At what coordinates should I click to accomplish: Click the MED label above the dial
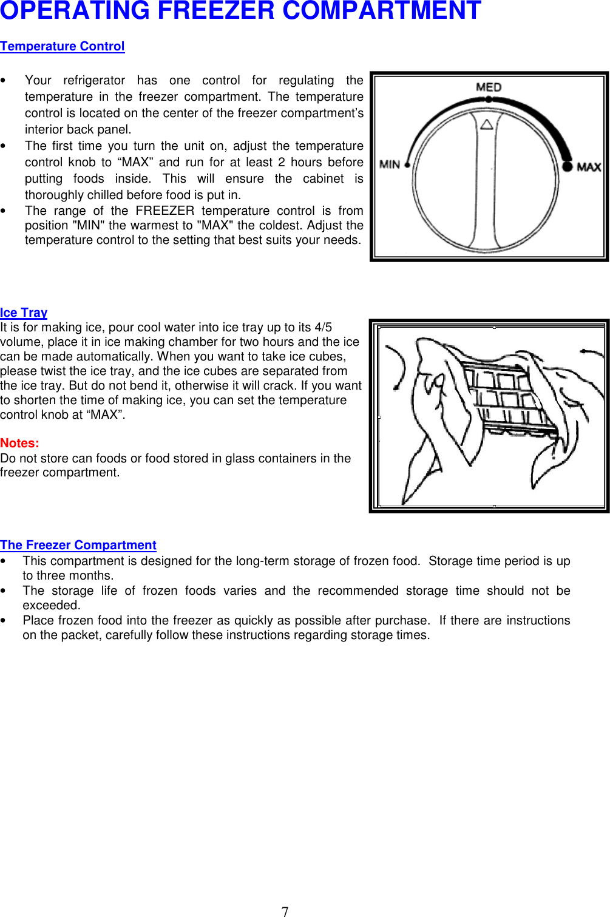coord(489,87)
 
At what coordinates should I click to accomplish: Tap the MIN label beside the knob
coord(389,164)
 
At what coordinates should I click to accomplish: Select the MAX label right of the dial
coord(588,167)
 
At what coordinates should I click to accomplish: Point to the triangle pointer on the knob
coord(486,124)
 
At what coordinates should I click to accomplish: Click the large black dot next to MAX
coord(567,166)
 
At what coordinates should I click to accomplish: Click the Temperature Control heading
coord(63,47)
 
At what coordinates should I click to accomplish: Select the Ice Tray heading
coord(24,313)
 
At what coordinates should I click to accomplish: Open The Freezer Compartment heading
coord(78,545)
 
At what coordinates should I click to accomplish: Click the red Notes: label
coord(19,443)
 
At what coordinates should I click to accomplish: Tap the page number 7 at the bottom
coord(285,911)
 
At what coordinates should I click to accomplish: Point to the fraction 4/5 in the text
coord(323,327)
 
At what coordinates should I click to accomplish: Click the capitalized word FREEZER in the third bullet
coord(164,211)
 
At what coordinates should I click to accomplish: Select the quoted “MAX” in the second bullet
coord(134,162)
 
